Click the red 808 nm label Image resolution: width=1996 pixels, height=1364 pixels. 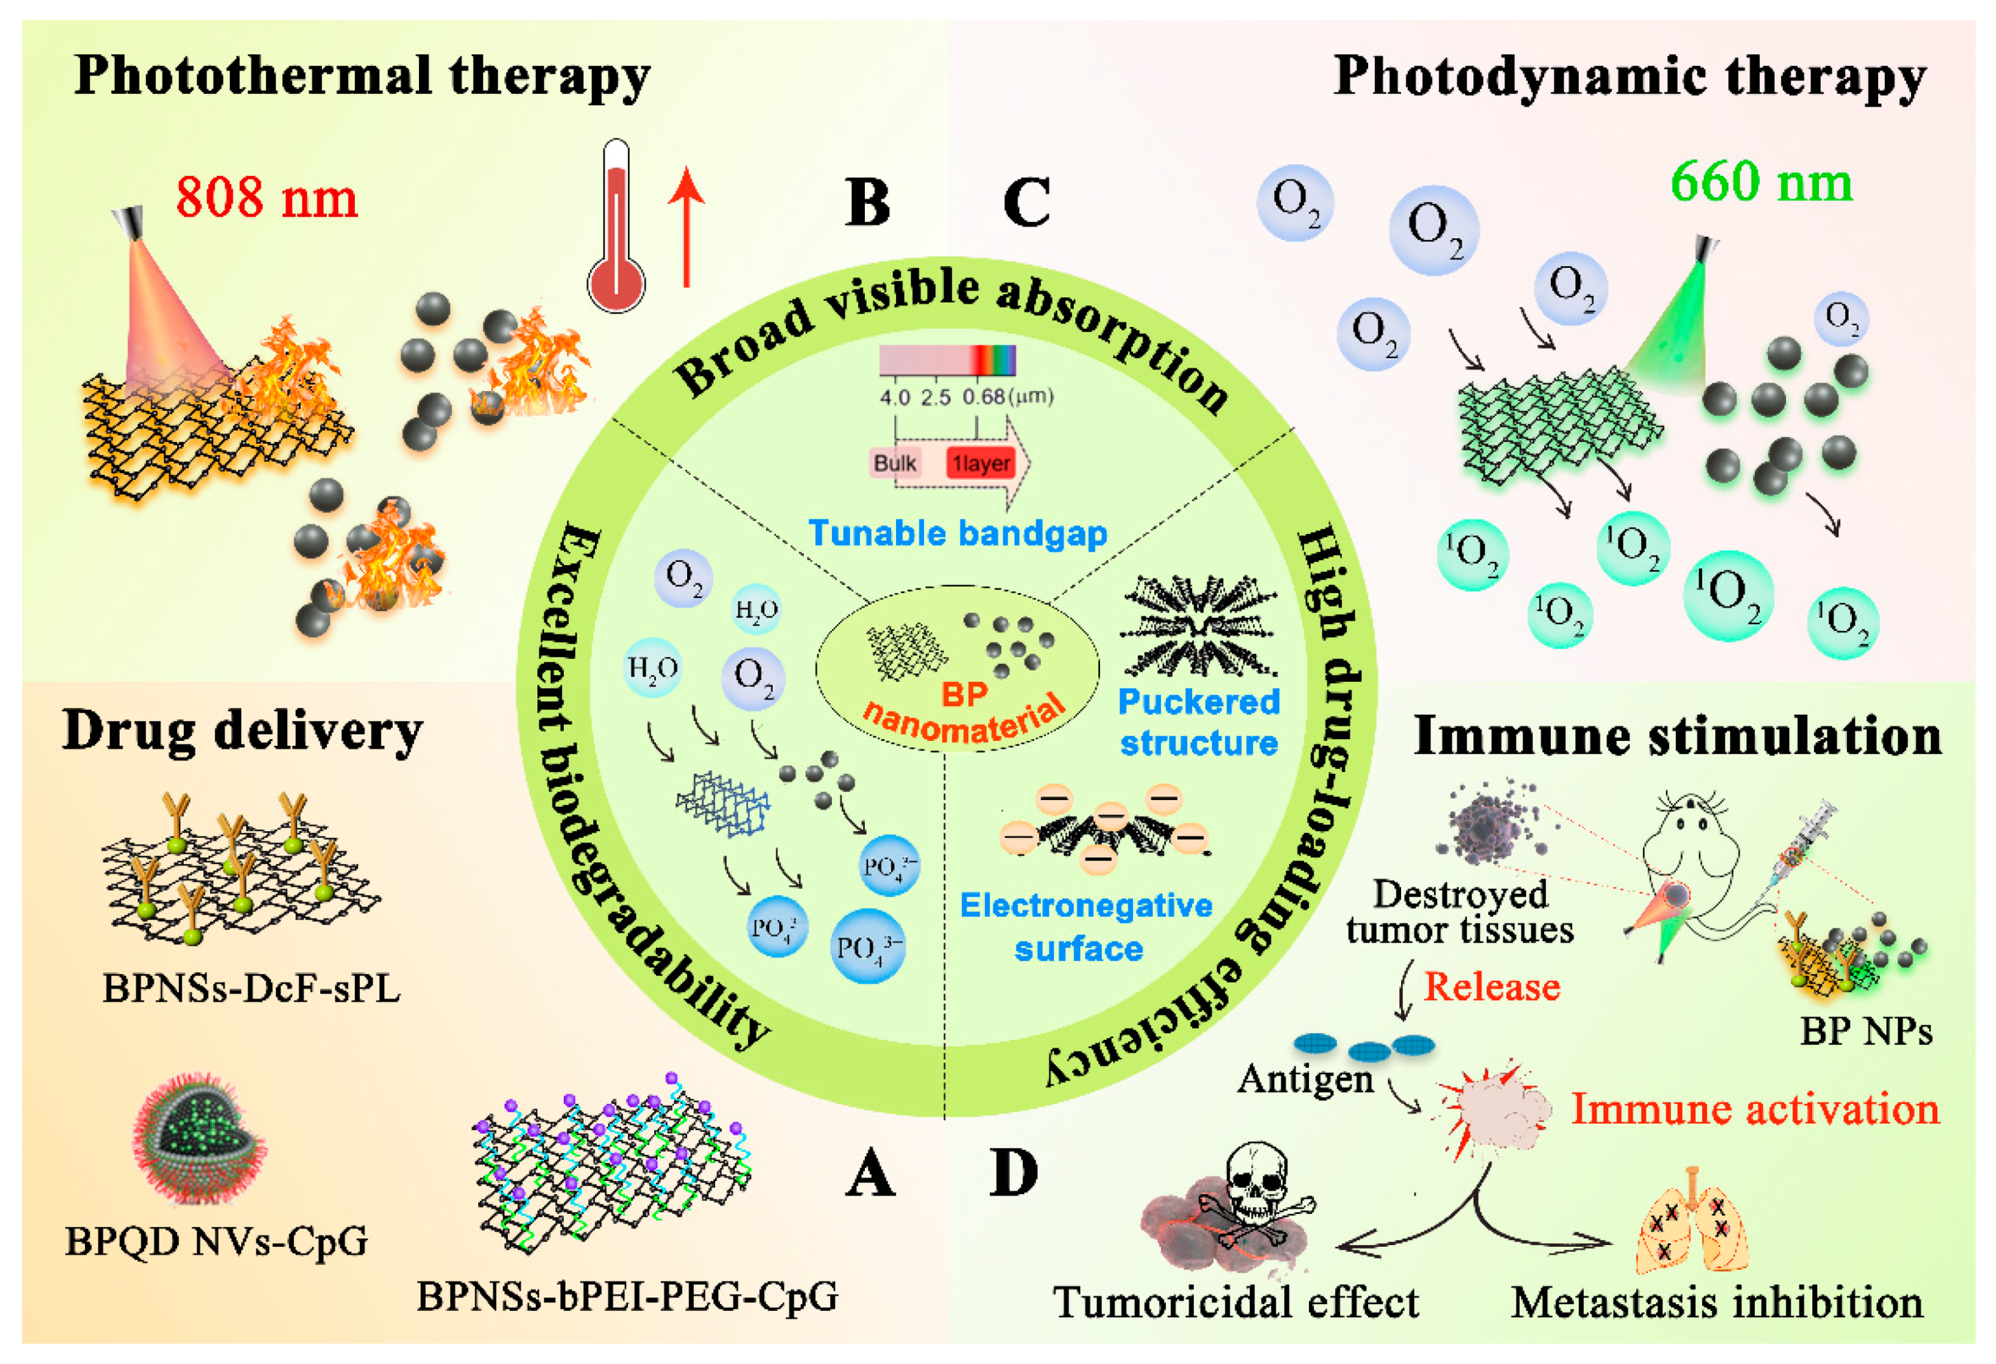(266, 198)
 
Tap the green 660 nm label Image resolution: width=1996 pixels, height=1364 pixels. (1761, 183)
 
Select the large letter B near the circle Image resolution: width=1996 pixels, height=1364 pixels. (867, 203)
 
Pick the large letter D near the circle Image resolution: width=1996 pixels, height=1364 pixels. (1013, 1174)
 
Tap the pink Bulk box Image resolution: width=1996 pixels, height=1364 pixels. (894, 464)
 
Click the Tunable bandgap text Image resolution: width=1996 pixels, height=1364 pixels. (958, 533)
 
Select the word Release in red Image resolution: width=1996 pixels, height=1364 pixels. (1492, 987)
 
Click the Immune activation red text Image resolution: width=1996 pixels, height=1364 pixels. (1755, 1109)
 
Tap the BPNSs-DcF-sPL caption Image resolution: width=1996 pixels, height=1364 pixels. (251, 989)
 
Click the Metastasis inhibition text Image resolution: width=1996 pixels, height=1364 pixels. (1716, 1303)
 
